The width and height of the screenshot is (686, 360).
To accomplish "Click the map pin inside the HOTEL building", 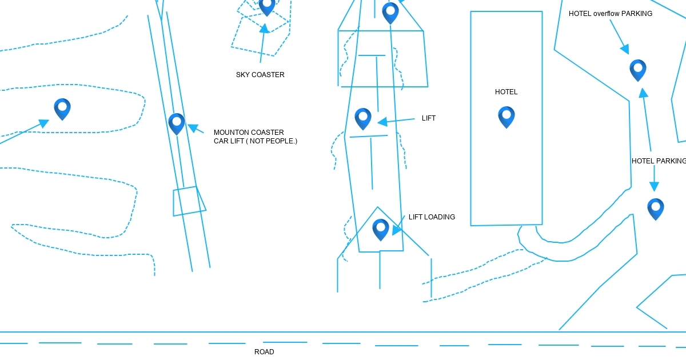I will click(506, 116).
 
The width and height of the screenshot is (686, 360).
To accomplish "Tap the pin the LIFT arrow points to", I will click(363, 118).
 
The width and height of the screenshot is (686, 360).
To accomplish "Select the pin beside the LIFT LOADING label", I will click(381, 229).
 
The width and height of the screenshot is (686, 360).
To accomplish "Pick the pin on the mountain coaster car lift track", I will click(177, 123).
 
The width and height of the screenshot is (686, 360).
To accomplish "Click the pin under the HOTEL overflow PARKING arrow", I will click(638, 69).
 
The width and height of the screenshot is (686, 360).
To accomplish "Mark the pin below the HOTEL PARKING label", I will click(656, 208).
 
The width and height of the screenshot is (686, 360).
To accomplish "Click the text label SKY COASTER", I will click(260, 75).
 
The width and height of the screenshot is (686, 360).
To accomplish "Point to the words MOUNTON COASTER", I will click(249, 133).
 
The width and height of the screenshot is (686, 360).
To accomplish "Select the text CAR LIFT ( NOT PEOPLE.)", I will click(256, 141).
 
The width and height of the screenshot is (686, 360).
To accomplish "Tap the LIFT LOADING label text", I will click(432, 217).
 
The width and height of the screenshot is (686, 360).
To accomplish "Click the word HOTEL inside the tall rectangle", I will click(506, 92).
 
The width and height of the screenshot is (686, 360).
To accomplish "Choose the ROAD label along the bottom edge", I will click(264, 352).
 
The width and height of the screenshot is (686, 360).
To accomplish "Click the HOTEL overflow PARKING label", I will click(610, 14).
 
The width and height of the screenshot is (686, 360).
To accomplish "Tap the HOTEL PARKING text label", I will click(659, 161).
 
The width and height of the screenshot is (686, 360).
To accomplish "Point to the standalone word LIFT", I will click(429, 118).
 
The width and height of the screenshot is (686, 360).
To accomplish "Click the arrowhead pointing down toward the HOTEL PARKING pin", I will click(654, 186).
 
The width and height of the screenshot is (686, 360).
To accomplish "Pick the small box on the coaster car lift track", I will click(189, 201).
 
